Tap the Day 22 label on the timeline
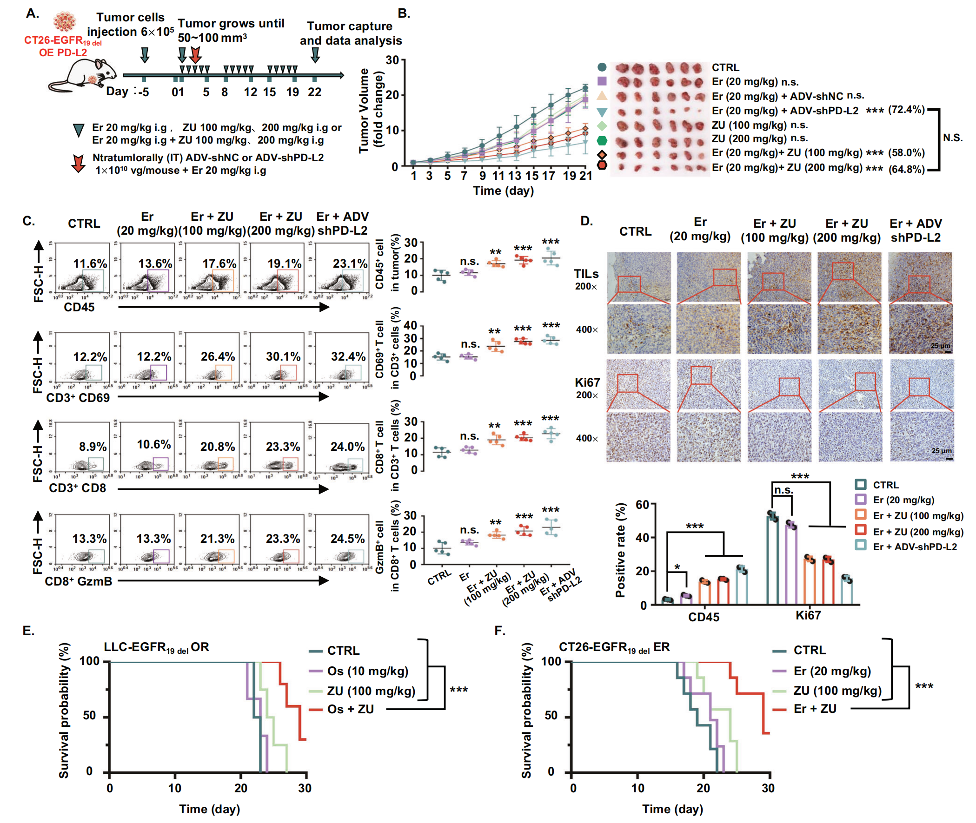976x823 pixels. point(314,92)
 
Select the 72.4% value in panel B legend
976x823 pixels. point(906,110)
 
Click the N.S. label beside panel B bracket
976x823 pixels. point(952,138)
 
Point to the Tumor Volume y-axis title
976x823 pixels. point(364,111)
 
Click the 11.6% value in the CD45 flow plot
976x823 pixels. point(90,263)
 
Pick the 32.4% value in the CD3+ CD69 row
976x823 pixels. point(348,356)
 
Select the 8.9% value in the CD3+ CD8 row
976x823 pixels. point(93,447)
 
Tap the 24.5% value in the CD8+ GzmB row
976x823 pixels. point(348,539)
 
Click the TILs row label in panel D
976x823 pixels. point(586,274)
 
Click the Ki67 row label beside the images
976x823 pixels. point(587,382)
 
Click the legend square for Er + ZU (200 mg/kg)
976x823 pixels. point(861,531)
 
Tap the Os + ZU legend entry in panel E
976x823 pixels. point(350,709)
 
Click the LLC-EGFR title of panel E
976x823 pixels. point(156,647)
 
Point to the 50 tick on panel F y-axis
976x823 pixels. point(551,716)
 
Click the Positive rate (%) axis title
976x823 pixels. point(620,551)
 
